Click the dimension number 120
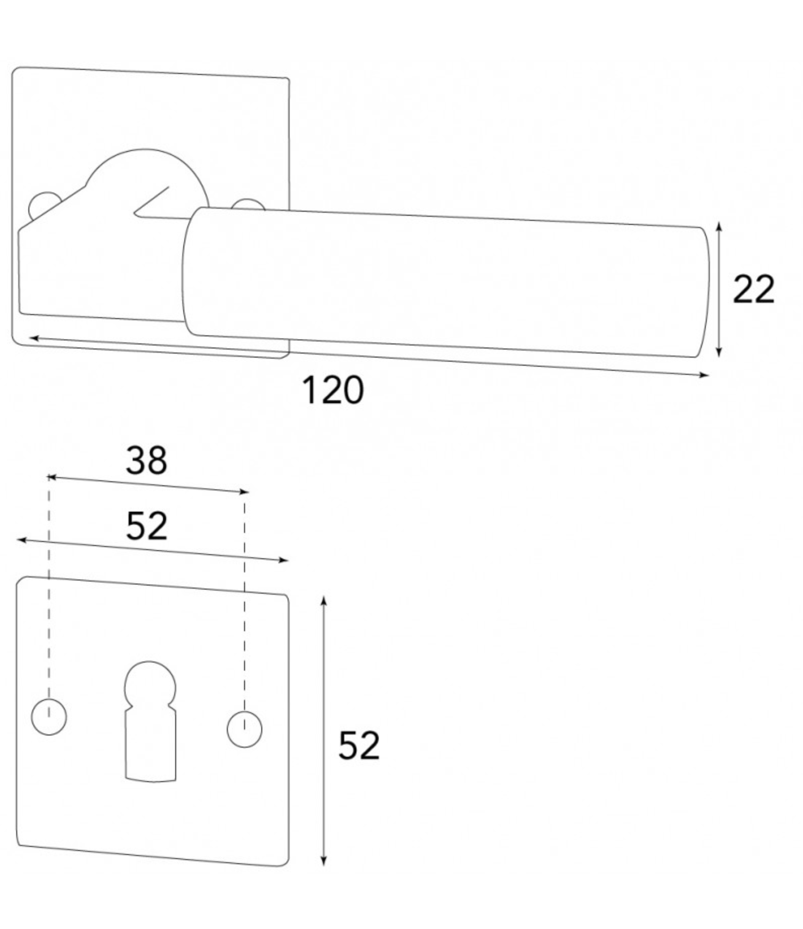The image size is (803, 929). [x=333, y=390]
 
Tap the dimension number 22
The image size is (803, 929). [x=753, y=289]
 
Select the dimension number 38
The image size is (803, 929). [x=146, y=460]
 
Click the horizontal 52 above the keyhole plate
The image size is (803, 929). [x=146, y=526]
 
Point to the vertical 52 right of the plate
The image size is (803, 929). [x=358, y=746]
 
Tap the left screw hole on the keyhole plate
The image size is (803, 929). [x=49, y=716]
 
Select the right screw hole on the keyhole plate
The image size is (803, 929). [x=245, y=729]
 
